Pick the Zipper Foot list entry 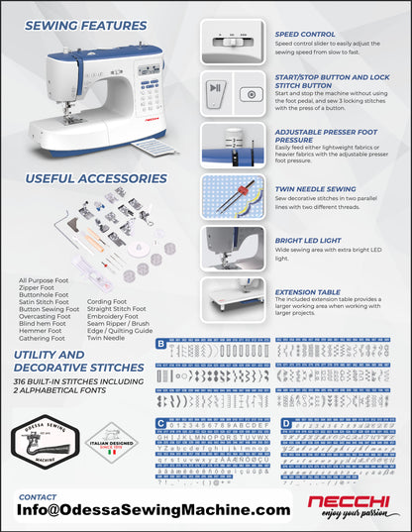click(x=39, y=287)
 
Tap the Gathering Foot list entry click(x=43, y=337)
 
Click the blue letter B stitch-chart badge click(x=161, y=343)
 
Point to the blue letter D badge click(x=286, y=423)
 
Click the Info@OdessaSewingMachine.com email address click(x=154, y=509)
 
